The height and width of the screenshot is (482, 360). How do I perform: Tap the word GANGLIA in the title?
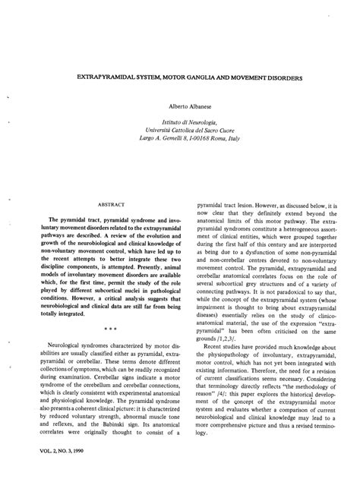click(211, 77)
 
